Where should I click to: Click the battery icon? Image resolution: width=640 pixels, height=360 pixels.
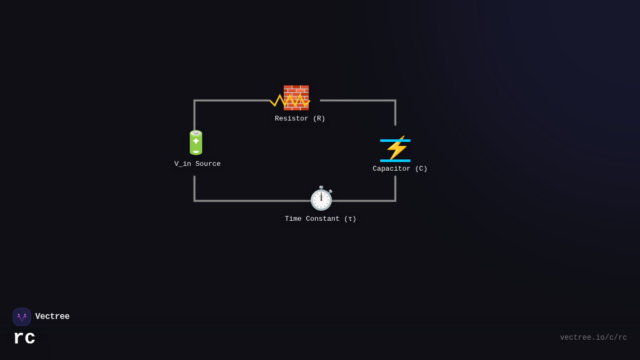196,143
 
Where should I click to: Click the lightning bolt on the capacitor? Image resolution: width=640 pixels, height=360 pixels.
397,149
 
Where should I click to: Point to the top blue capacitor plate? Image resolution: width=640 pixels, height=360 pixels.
395,140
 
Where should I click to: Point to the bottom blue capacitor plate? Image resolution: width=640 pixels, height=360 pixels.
395,161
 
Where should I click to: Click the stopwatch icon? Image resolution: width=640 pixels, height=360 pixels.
321,198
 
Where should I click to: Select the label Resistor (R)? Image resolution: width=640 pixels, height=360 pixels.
300,118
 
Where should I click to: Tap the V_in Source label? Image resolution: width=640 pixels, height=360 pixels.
197,164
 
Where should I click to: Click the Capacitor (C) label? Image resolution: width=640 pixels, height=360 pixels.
400,169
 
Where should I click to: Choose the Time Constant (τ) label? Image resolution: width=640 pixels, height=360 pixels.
321,219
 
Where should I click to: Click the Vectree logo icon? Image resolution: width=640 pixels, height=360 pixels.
22,317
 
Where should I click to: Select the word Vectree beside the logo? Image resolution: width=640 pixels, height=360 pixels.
52,317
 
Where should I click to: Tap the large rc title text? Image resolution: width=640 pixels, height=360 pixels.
25,338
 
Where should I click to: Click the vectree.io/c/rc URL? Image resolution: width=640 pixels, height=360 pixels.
593,338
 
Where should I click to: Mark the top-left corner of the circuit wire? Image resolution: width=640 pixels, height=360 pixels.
195,100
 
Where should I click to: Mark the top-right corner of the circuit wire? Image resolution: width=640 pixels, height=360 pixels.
395,100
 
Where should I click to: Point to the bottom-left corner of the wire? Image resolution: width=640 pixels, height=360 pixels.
195,201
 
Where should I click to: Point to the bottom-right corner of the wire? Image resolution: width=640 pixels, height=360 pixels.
395,201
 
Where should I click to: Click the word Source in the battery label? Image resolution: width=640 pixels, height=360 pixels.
208,164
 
